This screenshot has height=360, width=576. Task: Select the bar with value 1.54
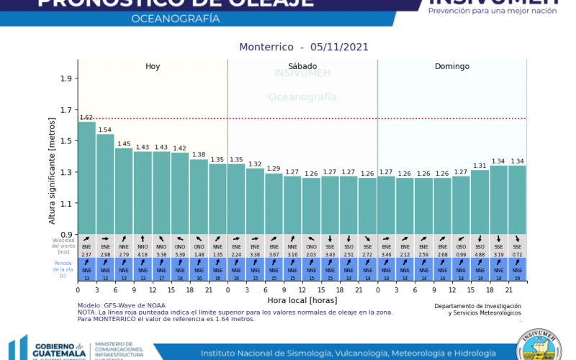105,184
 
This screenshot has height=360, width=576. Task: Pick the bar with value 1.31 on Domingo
480,202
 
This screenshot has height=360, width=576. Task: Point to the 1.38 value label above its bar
199,155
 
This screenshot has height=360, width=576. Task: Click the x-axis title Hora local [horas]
302,300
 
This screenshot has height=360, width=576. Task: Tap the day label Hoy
153,66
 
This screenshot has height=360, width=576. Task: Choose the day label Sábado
302,66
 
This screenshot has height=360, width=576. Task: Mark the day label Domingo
451,66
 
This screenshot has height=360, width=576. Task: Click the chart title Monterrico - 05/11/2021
303,47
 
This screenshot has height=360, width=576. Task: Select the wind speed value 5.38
161,254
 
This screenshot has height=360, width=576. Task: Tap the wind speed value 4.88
480,254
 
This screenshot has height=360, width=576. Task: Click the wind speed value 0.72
517,254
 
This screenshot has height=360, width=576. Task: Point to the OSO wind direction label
461,247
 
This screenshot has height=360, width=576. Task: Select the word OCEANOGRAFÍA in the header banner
176,18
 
